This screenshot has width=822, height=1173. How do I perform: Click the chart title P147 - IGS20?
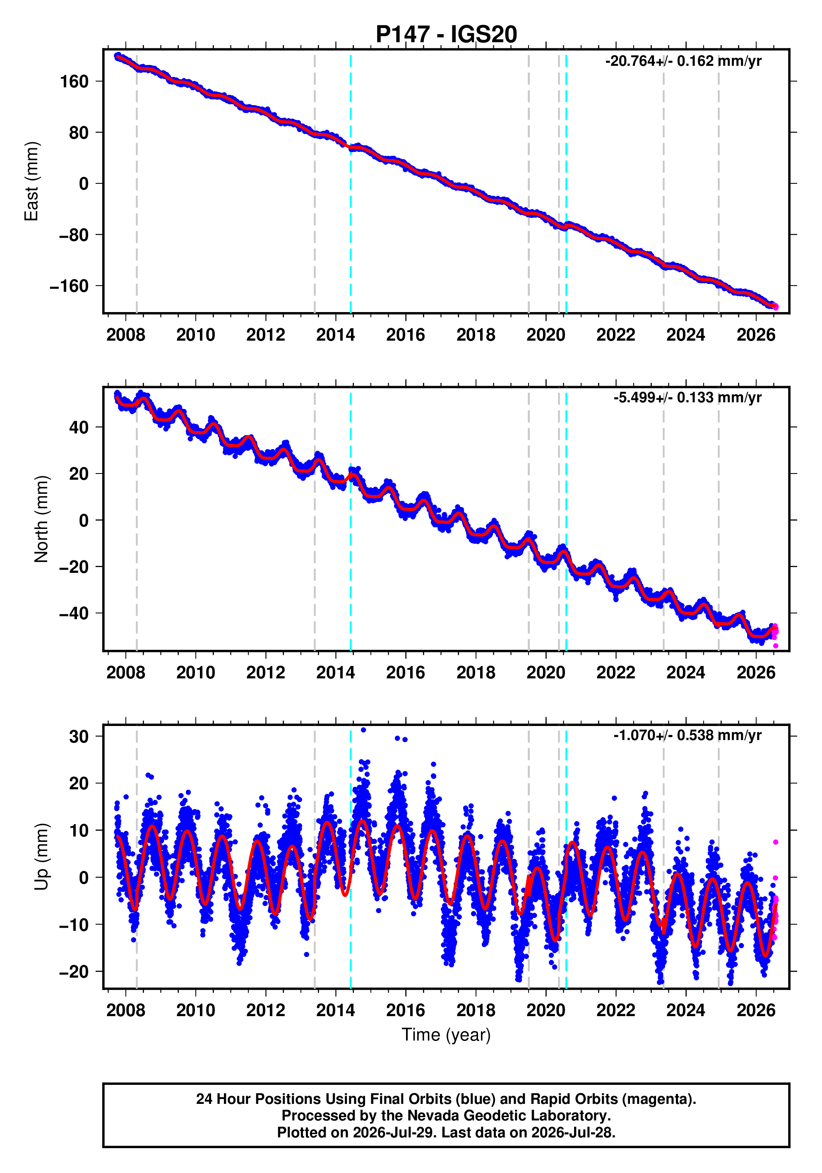[x=446, y=34]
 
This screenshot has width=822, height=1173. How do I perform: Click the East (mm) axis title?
[x=31, y=181]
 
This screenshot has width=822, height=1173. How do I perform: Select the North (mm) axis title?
[x=41, y=519]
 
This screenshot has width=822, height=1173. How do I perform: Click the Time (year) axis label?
[x=446, y=1034]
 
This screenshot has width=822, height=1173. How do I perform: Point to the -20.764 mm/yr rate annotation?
[x=683, y=61]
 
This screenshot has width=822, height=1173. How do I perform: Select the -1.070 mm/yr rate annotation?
[x=687, y=735]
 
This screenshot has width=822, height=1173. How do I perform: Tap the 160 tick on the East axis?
[x=75, y=81]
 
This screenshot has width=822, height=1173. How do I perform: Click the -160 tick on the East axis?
[x=69, y=286]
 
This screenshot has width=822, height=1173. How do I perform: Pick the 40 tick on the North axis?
[x=79, y=427]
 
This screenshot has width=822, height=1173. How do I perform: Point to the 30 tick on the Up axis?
[x=79, y=737]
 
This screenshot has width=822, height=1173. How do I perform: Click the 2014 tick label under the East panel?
[x=335, y=335]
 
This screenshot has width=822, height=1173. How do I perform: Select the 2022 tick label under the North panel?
[x=615, y=672]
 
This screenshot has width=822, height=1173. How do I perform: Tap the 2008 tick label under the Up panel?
[x=126, y=1010]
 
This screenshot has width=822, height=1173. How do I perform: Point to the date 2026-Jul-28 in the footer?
[x=572, y=1132]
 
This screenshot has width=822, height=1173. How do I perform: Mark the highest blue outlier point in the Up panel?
[x=363, y=730]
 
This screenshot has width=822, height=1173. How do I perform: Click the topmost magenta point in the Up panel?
[x=776, y=842]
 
